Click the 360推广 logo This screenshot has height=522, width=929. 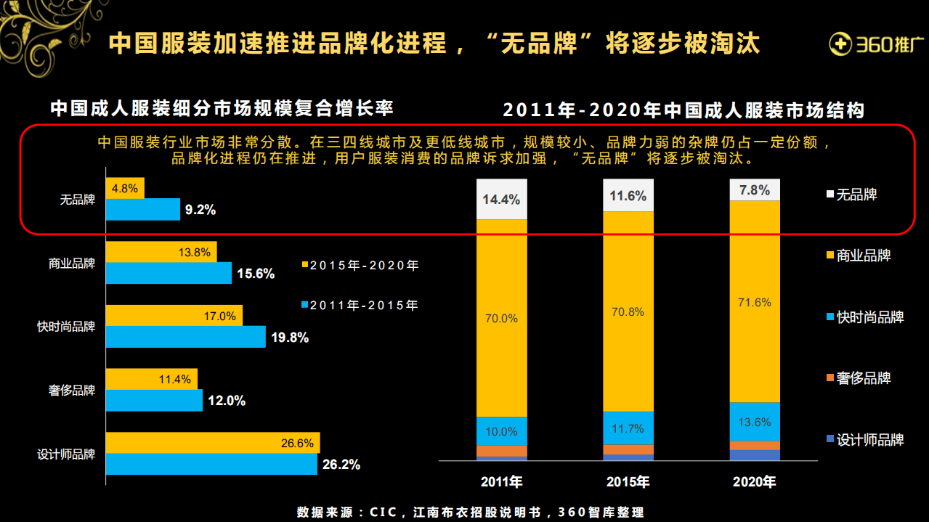(x=875, y=44)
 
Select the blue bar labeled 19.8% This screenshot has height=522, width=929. (x=185, y=337)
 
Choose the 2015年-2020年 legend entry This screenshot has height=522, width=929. (x=360, y=265)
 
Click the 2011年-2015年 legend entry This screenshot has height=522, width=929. (x=360, y=305)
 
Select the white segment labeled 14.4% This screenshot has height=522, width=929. (x=501, y=199)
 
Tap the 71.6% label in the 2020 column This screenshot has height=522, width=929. (x=754, y=302)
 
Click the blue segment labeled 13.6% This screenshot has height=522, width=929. (x=754, y=422)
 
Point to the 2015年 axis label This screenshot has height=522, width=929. (x=628, y=482)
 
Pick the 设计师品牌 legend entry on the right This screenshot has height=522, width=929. (x=864, y=439)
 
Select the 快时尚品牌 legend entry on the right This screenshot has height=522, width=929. (x=864, y=317)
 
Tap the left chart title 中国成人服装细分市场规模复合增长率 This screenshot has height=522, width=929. (x=222, y=109)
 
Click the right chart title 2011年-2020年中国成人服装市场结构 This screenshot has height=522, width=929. (x=683, y=110)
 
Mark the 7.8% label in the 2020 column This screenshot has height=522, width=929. (x=754, y=189)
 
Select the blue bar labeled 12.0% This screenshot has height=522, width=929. (x=154, y=401)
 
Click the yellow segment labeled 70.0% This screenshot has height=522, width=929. (x=501, y=318)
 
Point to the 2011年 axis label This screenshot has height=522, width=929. (x=501, y=482)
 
